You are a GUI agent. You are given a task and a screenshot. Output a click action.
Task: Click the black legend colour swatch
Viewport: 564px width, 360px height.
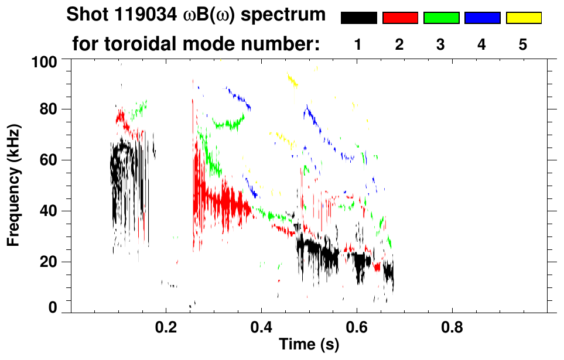tap(358, 18)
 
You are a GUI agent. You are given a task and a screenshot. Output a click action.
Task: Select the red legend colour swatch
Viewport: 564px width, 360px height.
tap(400, 18)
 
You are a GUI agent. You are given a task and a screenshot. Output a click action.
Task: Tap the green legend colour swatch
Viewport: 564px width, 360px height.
tap(441, 18)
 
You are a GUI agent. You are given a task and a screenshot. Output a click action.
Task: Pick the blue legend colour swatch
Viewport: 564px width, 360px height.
tap(482, 18)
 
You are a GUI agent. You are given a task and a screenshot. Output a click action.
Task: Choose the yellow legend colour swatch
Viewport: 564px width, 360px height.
tap(524, 18)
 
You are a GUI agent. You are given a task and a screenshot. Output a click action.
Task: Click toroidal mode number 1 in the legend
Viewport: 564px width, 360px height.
tap(358, 44)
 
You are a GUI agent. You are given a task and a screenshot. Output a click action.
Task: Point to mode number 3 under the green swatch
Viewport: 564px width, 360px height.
tap(441, 44)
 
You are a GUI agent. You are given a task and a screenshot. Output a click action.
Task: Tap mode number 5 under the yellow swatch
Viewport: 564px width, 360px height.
tap(524, 44)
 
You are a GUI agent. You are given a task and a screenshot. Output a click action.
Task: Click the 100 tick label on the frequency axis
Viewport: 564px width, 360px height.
tap(45, 61)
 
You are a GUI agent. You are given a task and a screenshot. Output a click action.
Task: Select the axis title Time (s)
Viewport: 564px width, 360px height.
tap(309, 345)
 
